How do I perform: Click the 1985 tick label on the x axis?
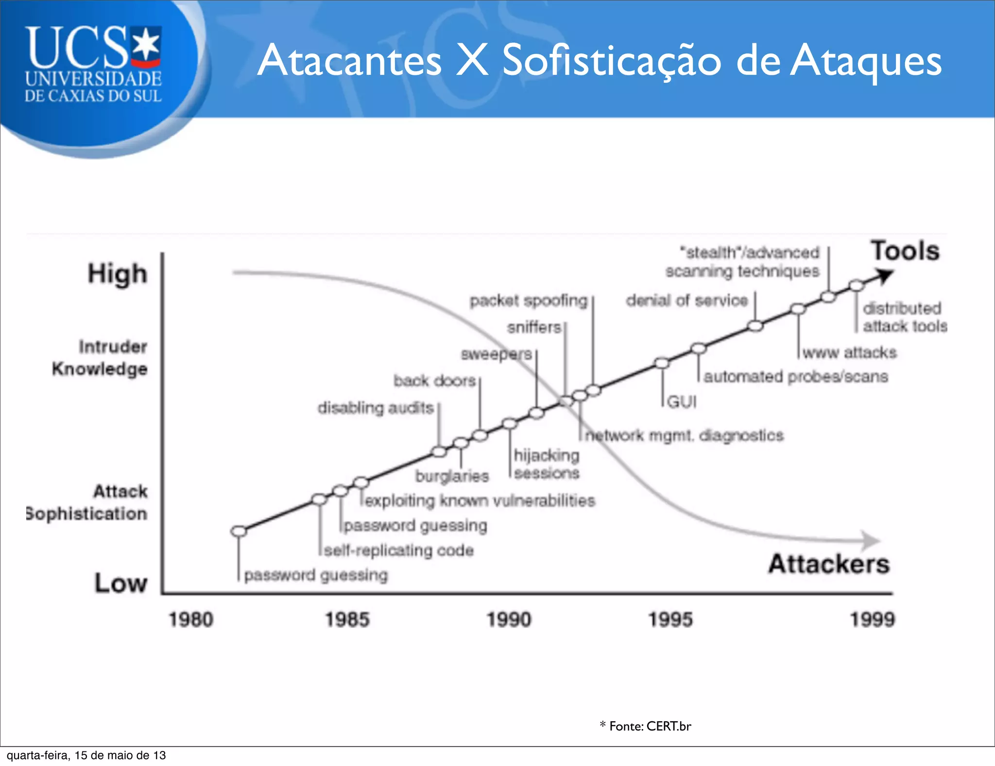[x=347, y=620]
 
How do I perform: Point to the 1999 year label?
[x=872, y=620]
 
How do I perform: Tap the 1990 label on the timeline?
[x=509, y=620]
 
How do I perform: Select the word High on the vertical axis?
[x=117, y=274]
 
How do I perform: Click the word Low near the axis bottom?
[x=120, y=583]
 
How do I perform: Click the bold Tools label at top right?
[x=905, y=251]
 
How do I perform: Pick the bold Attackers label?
[x=829, y=564]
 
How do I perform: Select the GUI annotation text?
[x=682, y=402]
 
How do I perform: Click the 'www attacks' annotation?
[x=849, y=352]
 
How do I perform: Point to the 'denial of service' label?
[x=686, y=301]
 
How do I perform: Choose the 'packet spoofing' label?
[x=529, y=301]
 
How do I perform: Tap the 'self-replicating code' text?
[x=399, y=551]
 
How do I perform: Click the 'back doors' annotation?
[x=434, y=381]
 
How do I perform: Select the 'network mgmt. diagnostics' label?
[x=684, y=435]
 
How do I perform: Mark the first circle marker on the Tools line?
[x=239, y=531]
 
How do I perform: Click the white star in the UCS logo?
[x=146, y=45]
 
